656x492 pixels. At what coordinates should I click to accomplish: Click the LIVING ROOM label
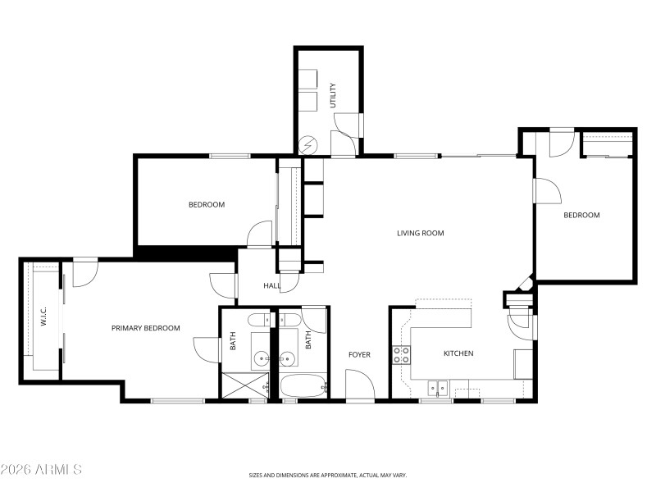coord(420,234)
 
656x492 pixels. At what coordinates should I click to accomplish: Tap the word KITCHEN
coord(458,354)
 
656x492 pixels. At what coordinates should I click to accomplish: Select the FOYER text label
coord(359,355)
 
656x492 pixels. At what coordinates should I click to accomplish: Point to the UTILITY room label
coord(333,96)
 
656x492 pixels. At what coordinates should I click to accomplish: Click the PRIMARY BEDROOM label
coord(145,328)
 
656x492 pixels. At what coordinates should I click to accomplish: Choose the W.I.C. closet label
coord(43,317)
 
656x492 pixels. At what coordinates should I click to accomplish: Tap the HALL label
coord(271,286)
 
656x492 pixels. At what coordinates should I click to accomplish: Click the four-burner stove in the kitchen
coord(402,355)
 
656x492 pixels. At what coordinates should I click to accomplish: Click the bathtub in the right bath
coord(303,385)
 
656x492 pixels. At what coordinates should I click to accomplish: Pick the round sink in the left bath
coord(262,358)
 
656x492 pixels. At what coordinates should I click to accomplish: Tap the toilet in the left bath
coord(257,320)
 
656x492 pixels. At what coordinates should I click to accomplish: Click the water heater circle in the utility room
coord(309,145)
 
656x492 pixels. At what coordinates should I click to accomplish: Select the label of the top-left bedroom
coord(206,205)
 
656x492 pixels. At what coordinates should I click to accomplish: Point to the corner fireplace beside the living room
coord(524,285)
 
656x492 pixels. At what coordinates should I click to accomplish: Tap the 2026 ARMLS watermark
coord(41,470)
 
